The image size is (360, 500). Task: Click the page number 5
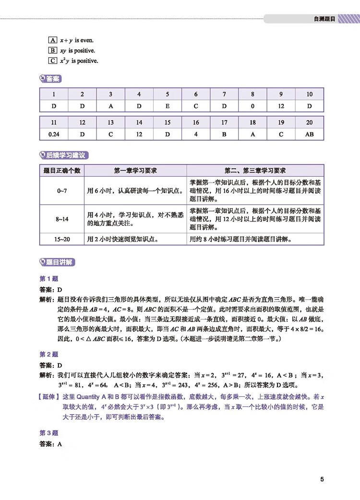322,479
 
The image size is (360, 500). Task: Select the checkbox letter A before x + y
53,40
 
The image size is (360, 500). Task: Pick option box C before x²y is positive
53,61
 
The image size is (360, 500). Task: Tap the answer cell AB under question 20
309,134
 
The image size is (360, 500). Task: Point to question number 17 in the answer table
224,123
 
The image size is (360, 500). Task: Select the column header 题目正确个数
61,171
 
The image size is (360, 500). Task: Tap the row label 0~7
61,191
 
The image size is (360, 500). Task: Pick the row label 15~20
61,239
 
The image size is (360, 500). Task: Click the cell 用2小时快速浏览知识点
123,239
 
